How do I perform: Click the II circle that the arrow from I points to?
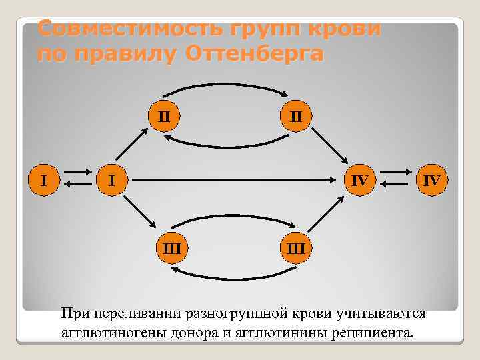[163, 116]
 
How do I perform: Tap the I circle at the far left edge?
[44, 179]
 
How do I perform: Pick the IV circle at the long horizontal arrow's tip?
[359, 179]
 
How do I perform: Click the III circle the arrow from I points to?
[172, 249]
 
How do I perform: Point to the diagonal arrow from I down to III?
[139, 215]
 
